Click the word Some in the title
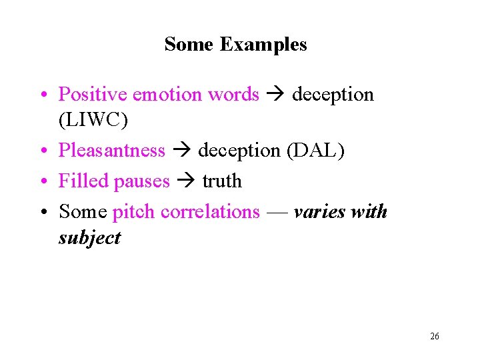click(x=189, y=45)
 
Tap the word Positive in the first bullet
click(x=93, y=95)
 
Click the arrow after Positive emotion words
click(x=275, y=95)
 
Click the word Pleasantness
click(x=111, y=151)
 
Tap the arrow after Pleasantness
click(x=181, y=151)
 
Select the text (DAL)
click(x=315, y=151)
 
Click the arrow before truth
click(x=186, y=181)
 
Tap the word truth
click(x=222, y=181)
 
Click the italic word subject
click(x=89, y=238)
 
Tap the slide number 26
click(x=435, y=337)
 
